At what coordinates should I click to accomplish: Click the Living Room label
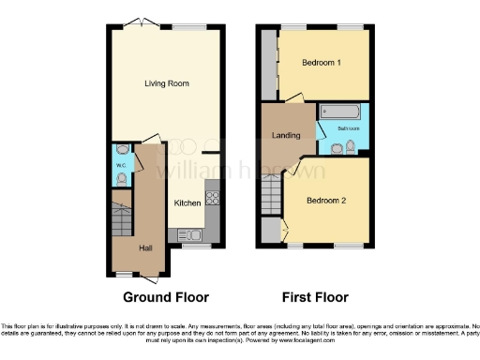click(x=167, y=84)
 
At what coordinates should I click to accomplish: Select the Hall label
click(x=146, y=248)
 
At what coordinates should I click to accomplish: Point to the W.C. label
click(x=121, y=167)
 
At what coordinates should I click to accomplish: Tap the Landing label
click(x=286, y=136)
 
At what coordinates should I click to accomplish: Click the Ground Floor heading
click(x=165, y=297)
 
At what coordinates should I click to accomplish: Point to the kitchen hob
click(x=211, y=198)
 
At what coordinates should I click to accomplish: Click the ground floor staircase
click(x=120, y=225)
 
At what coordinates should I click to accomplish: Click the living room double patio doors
click(x=141, y=22)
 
